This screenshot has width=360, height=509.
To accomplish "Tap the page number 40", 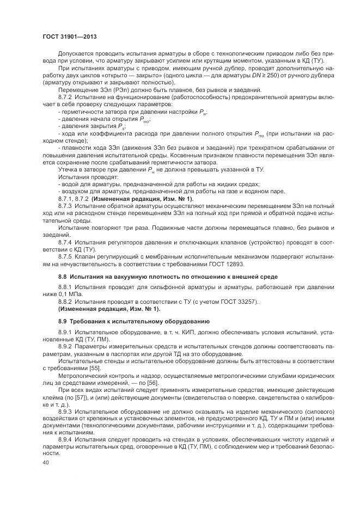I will [46, 462].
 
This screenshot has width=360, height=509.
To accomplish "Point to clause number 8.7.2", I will [65, 96].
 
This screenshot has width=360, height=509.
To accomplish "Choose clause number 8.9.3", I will [65, 412].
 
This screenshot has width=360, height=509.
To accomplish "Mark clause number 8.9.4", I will [65, 439].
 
